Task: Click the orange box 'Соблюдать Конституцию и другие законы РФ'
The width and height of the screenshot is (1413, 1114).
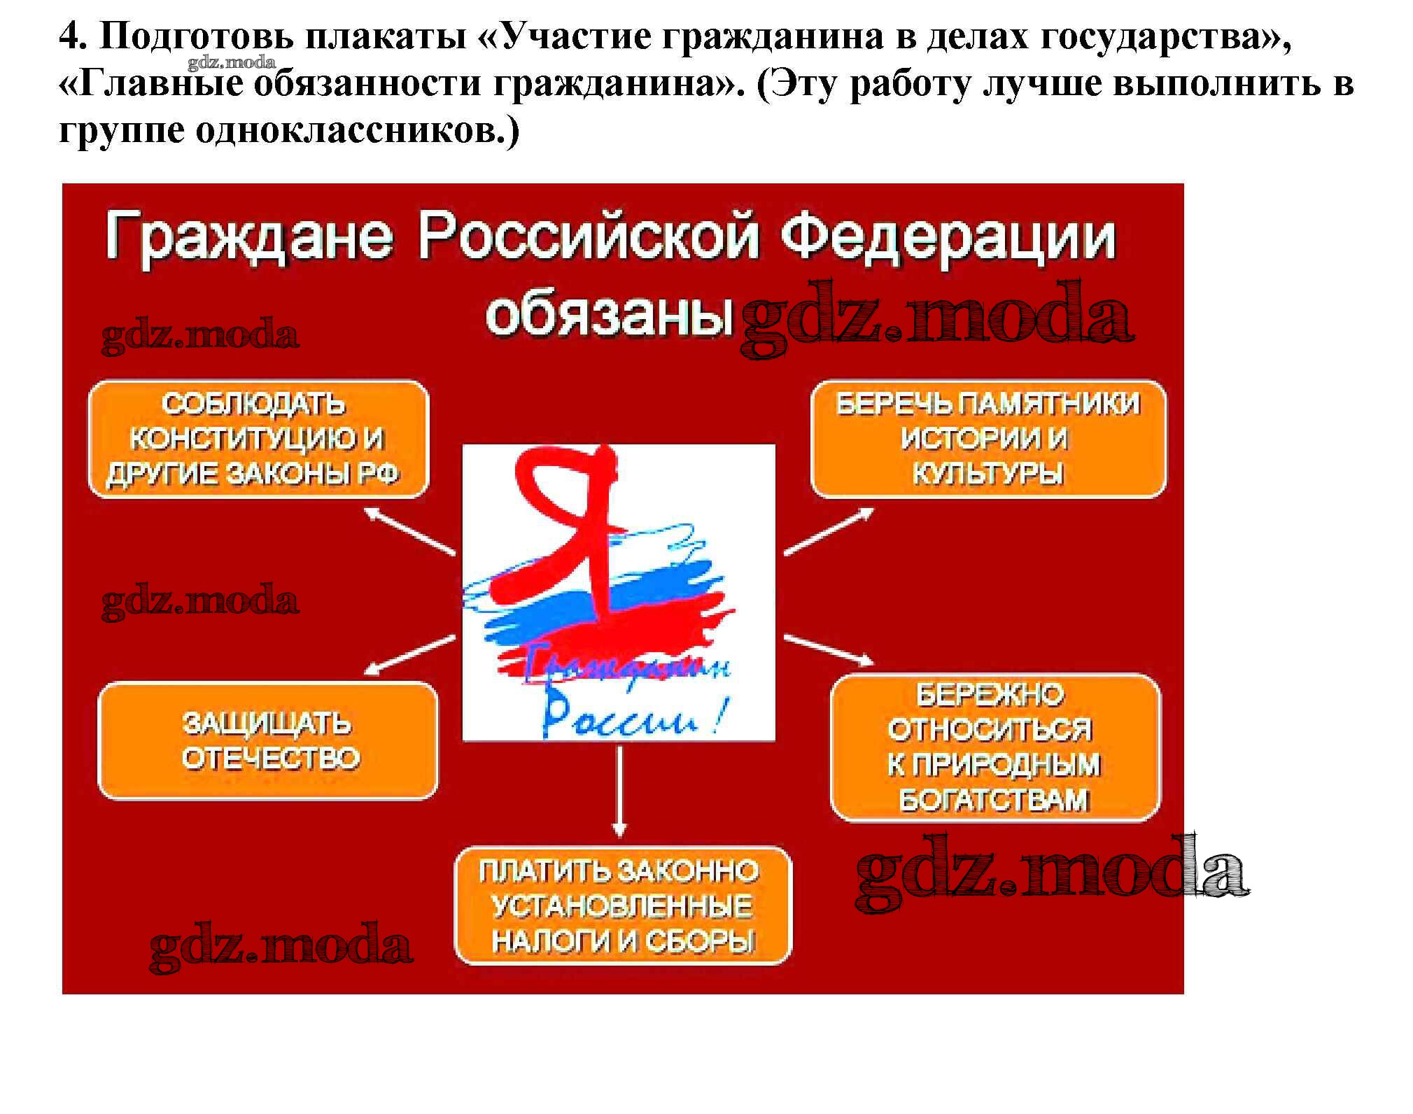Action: [258, 439]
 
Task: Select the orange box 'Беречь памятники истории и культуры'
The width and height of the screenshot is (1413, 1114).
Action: [988, 439]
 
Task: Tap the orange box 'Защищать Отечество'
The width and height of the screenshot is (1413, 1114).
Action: [268, 740]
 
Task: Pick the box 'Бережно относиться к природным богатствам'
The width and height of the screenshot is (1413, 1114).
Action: [995, 747]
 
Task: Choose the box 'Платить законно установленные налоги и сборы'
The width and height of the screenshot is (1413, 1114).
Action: [623, 905]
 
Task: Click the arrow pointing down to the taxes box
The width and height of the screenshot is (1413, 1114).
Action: [619, 791]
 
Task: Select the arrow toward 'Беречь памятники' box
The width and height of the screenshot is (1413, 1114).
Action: [829, 532]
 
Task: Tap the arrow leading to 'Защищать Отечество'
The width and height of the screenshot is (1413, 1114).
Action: [411, 655]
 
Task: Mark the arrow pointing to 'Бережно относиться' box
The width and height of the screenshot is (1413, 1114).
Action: [829, 649]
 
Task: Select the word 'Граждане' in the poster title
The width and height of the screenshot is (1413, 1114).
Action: [249, 238]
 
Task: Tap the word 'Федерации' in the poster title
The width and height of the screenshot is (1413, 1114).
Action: [948, 238]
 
